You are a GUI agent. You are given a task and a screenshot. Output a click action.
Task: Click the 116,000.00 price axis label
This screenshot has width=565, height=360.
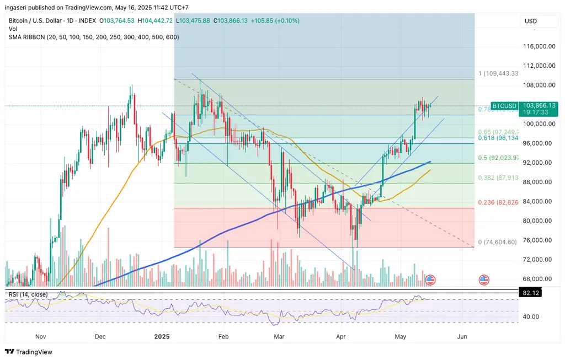point(539,46)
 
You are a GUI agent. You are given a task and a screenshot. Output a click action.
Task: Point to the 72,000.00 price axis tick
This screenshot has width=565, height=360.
point(539,260)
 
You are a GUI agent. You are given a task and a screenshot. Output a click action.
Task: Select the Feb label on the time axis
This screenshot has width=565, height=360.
point(223,336)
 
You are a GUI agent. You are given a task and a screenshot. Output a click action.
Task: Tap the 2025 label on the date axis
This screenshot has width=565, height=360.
point(162,336)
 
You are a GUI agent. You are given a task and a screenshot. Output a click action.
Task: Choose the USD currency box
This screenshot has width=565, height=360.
point(531,21)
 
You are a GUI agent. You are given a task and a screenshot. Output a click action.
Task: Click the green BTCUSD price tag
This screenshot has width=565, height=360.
point(504,105)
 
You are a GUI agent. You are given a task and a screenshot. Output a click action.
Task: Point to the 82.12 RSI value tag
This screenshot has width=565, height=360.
point(530,294)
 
